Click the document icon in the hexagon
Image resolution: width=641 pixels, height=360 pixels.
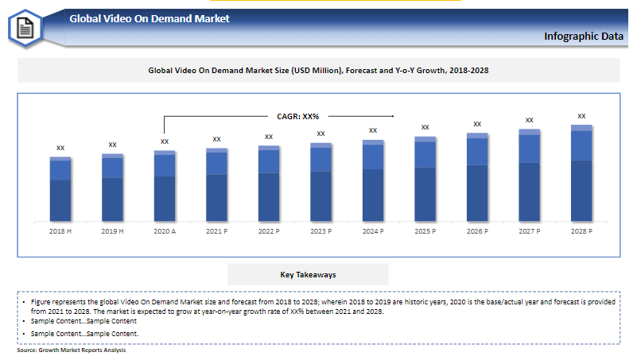[x=25, y=29]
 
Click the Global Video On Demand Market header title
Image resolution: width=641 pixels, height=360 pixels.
[x=150, y=18]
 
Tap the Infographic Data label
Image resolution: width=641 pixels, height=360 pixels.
[x=584, y=36]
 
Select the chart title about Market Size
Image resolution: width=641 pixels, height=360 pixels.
[x=318, y=71]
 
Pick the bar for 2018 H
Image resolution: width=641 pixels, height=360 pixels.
[x=60, y=189]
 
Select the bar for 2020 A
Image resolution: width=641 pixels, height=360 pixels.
[x=165, y=186]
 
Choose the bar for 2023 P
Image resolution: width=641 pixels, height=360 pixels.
[x=320, y=182]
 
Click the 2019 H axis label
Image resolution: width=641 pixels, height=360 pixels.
[x=112, y=231]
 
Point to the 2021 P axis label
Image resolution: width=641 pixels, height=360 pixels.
[x=216, y=231]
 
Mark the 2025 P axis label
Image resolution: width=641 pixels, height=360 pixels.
[x=425, y=231]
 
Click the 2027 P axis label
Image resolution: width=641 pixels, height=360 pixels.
[x=529, y=231]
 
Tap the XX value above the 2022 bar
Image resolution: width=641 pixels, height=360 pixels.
[x=269, y=137]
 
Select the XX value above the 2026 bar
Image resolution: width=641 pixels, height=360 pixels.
[x=477, y=124]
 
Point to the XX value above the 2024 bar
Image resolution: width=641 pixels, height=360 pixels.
[x=373, y=130]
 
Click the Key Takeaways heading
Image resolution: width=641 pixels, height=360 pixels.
[x=308, y=275]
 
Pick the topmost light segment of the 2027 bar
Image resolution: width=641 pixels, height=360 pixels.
[x=530, y=132]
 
